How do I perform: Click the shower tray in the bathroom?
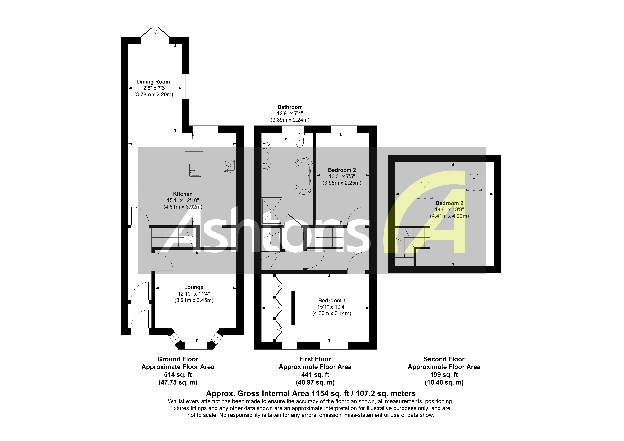tap(272, 211)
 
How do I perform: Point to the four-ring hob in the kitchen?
tap(229, 166)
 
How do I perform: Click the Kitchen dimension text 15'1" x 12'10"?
tap(183, 200)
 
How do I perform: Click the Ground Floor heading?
tap(178, 359)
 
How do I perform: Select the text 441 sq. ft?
tap(315, 375)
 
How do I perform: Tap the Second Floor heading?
tap(444, 359)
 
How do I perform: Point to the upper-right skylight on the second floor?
tap(474, 179)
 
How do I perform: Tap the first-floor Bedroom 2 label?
tap(342, 170)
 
